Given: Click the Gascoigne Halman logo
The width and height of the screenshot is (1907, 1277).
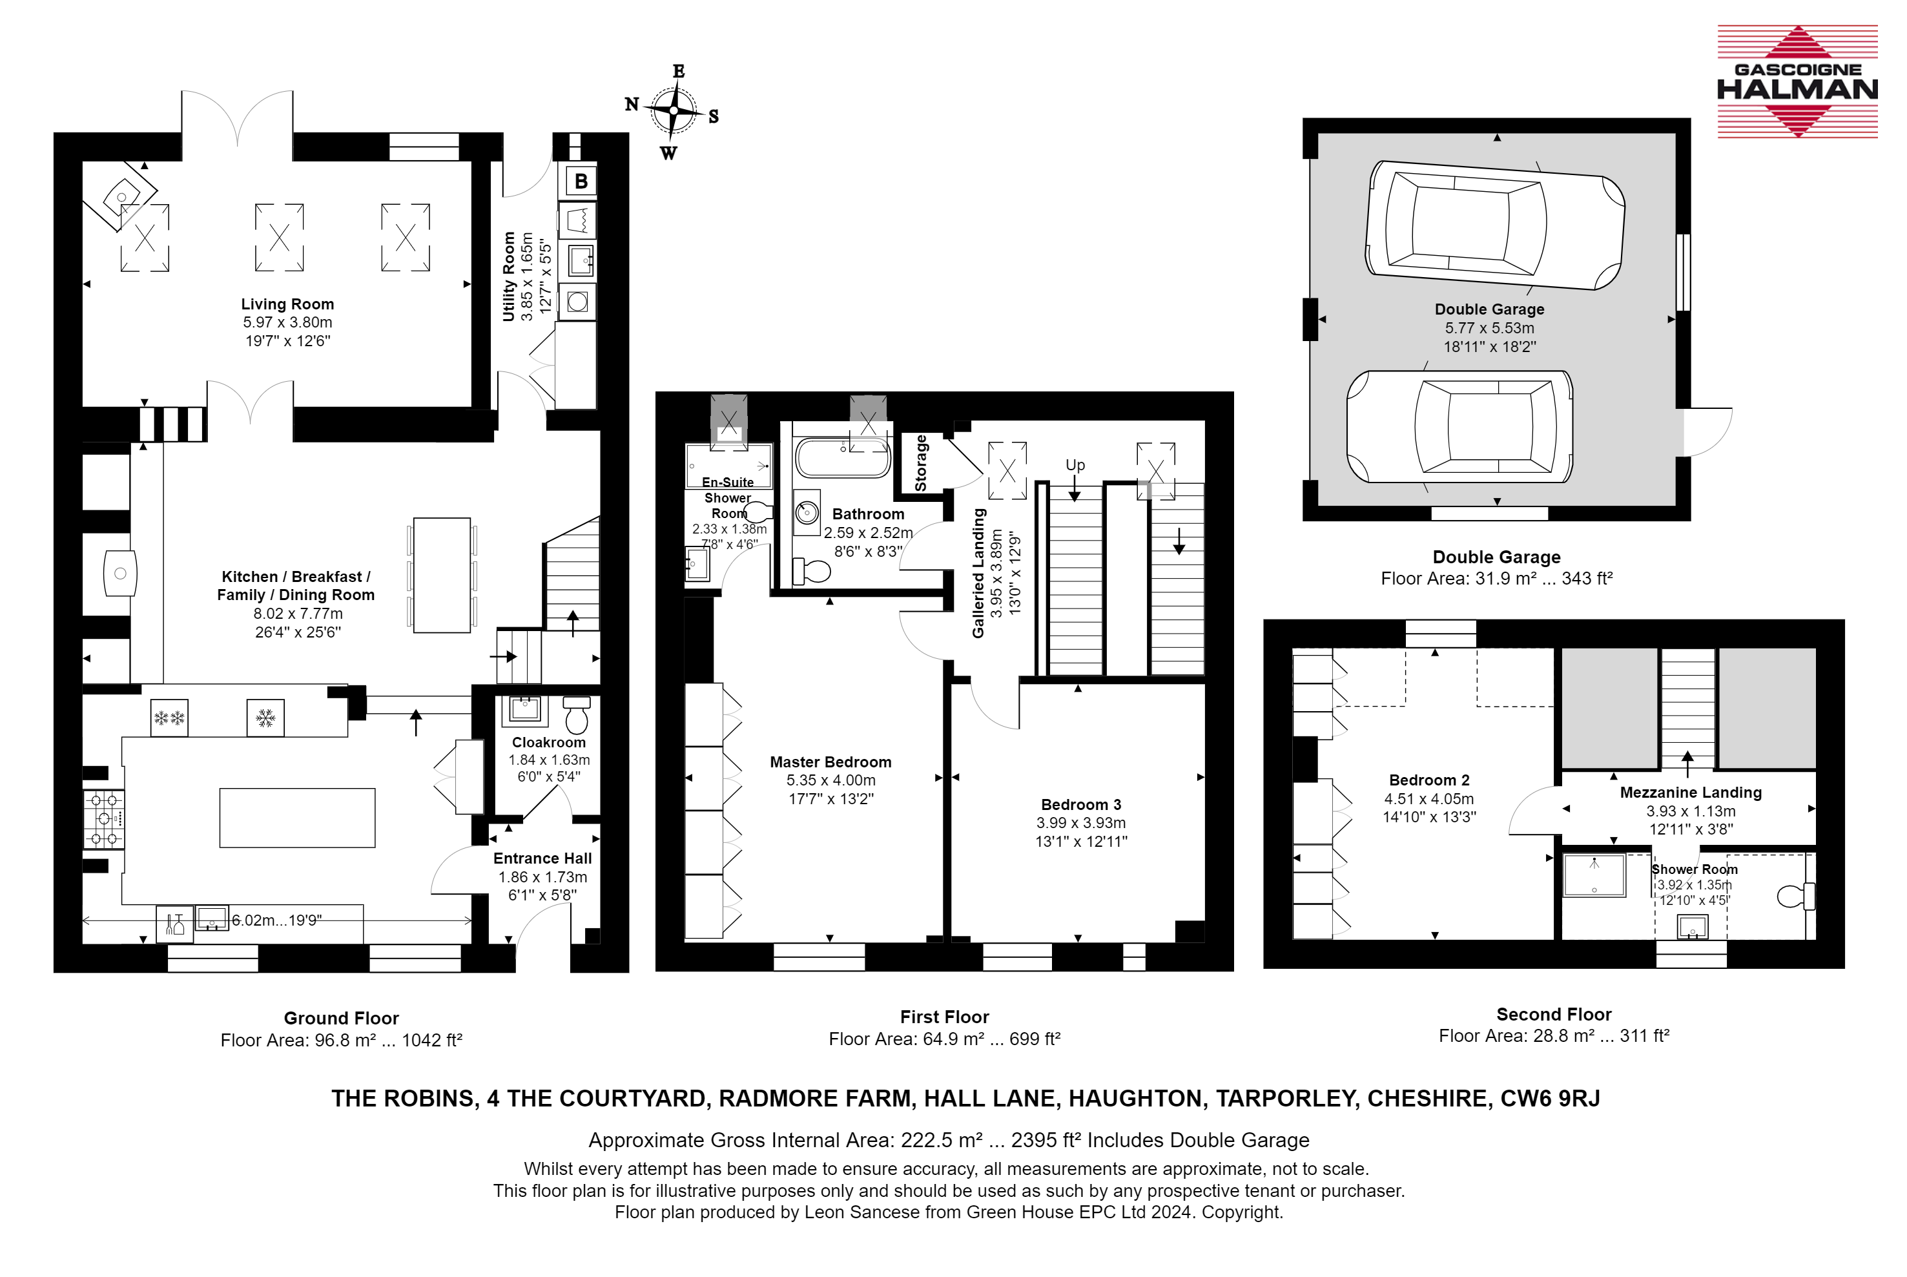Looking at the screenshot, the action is pos(1797,81).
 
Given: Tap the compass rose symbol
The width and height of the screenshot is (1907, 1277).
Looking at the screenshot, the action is pos(674,110).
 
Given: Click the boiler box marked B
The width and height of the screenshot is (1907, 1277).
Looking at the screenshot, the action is pos(581,181).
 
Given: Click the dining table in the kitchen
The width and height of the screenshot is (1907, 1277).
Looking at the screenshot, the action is pos(441,575).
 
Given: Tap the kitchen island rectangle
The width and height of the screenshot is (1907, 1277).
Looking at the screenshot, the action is pos(297,818).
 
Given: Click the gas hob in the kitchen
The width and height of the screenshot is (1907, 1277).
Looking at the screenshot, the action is pos(103,819).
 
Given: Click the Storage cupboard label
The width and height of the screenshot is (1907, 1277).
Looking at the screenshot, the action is pos(921,462).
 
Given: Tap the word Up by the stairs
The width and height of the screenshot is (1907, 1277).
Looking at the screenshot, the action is pos(1075,465).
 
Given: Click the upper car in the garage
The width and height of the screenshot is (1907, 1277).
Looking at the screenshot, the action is pos(1495,225).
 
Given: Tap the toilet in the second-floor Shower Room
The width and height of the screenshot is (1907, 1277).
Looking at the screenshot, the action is pos(1795,896).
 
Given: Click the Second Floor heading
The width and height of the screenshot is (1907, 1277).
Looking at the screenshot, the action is pos(1554,1015).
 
